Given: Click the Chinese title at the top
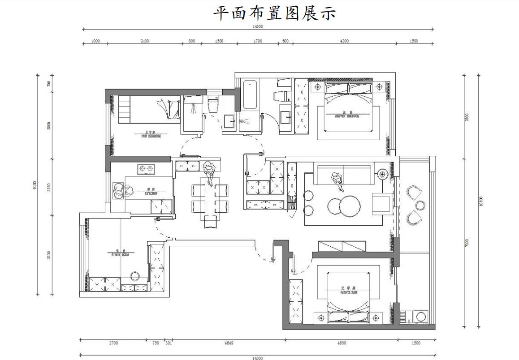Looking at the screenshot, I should pyautogui.click(x=274, y=13).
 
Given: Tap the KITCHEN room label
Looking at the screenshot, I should pyautogui.click(x=151, y=194).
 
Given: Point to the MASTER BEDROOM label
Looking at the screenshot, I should pyautogui.click(x=347, y=116).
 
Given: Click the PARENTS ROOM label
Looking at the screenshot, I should pyautogui.click(x=348, y=290).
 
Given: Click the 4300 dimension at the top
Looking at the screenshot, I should pyautogui.click(x=344, y=41).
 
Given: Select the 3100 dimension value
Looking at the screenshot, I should pyautogui.click(x=144, y=41).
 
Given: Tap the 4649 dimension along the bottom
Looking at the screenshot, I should pyautogui.click(x=229, y=343).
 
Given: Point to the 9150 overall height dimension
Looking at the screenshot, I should pyautogui.click(x=35, y=185).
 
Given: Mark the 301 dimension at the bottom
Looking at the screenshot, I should pyautogui.click(x=169, y=343).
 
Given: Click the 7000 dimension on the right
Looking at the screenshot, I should pyautogui.click(x=467, y=243).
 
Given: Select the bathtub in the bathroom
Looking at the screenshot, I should pyautogui.click(x=251, y=94).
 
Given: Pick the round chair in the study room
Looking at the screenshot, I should pyautogui.click(x=134, y=275).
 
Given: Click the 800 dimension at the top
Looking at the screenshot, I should pyautogui.click(x=192, y=41).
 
